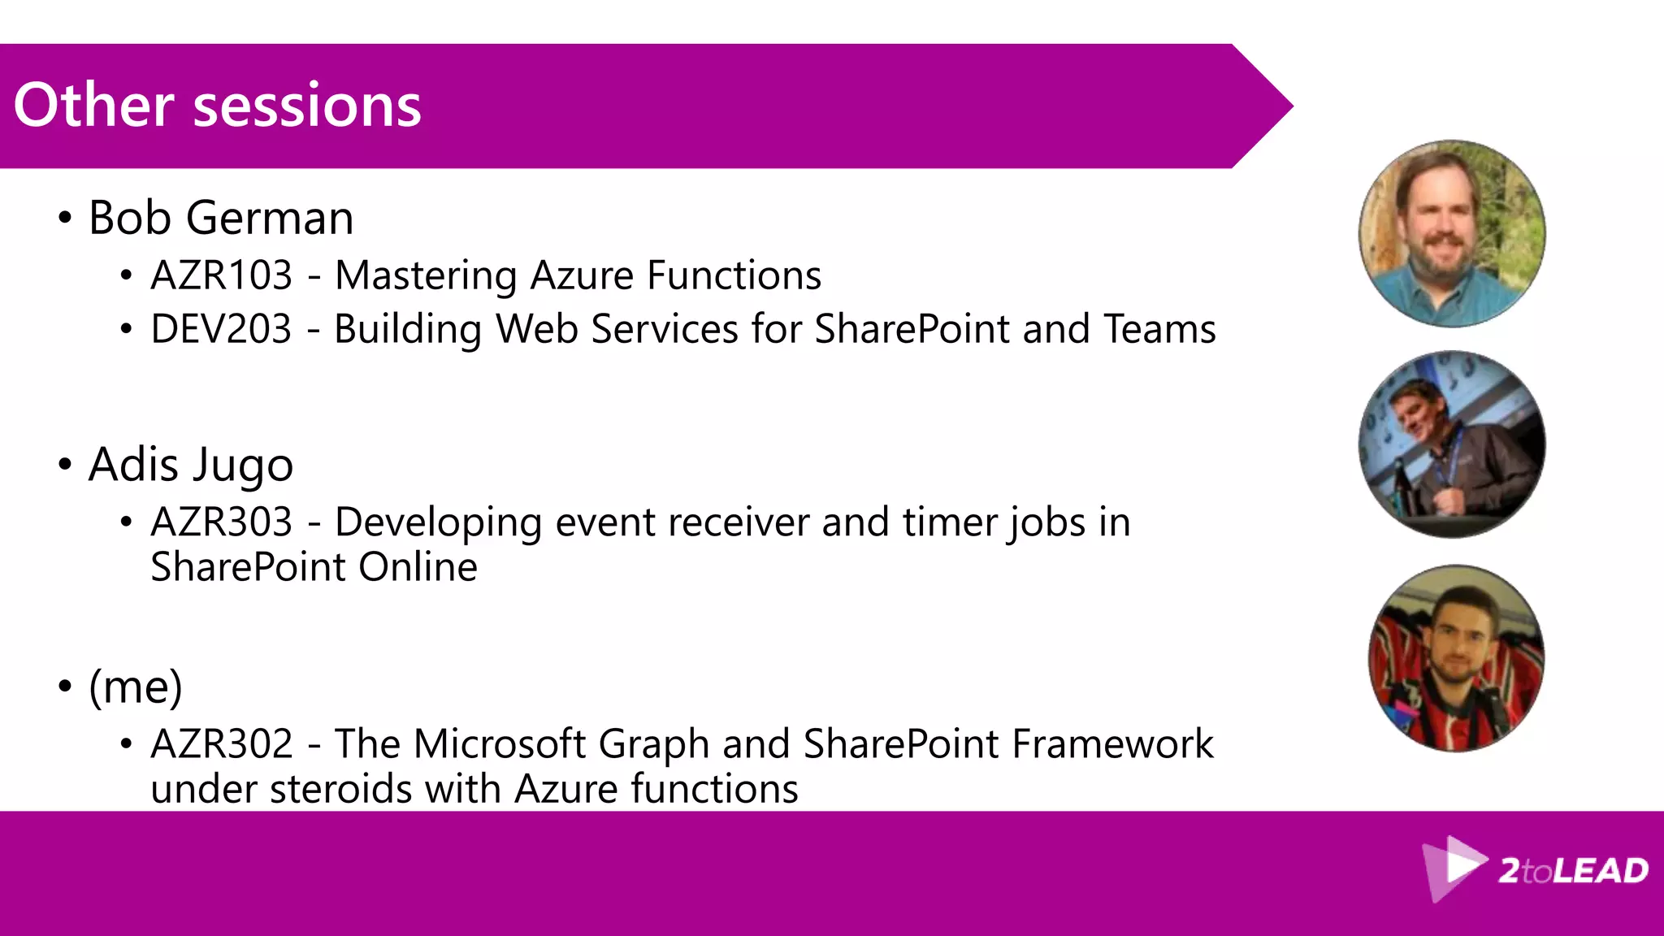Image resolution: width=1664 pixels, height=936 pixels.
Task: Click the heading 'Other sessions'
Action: pos(217,106)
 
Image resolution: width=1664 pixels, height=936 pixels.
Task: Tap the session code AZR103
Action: pos(221,275)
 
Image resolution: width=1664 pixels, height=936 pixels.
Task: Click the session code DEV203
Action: pos(221,329)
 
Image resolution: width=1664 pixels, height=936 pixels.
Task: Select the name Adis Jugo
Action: pos(190,465)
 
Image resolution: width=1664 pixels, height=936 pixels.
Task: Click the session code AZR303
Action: pos(221,522)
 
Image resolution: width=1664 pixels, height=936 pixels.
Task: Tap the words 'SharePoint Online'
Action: pos(314,567)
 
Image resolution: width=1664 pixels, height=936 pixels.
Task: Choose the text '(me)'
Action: pos(135,687)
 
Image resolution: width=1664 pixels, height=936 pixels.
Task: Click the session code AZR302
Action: pos(221,743)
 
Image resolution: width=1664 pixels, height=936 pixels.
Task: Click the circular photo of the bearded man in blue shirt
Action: pos(1452,234)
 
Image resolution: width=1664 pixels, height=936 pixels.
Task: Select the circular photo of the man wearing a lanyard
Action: pos(1452,444)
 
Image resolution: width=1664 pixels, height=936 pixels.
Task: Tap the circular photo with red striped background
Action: pos(1456,658)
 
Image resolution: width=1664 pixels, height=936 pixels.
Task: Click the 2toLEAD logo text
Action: pos(1572,871)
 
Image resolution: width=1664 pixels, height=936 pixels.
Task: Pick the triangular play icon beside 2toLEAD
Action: pos(1454,867)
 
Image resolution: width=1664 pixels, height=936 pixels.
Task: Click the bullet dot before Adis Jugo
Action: pos(65,465)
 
